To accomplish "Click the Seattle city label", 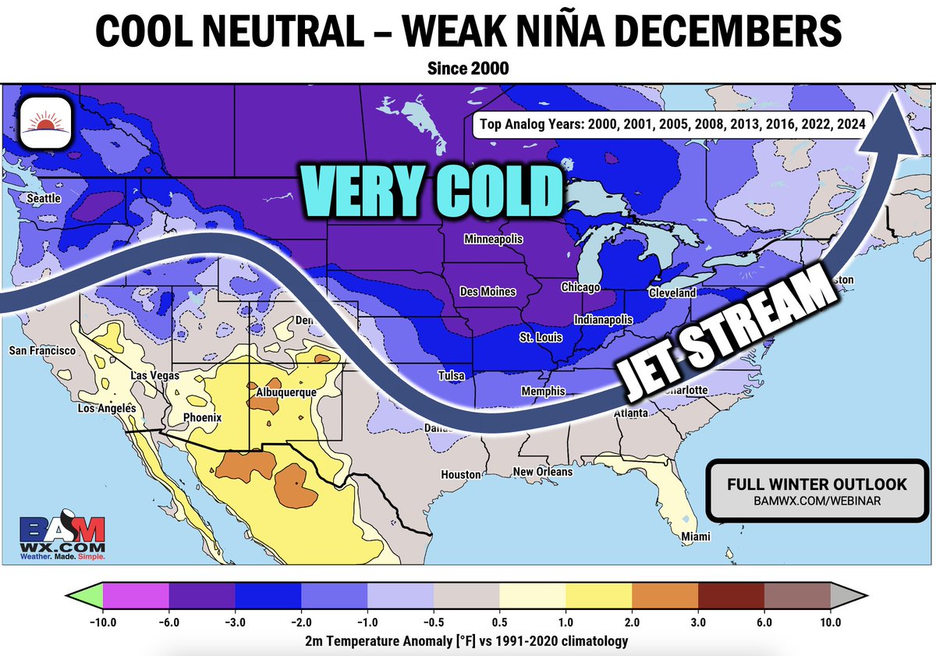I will point(44,199).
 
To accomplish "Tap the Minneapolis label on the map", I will point(493,239).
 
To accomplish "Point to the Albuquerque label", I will point(283,392).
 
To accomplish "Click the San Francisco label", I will point(42,351).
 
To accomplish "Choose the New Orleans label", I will point(542,472).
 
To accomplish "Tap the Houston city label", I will point(460,474).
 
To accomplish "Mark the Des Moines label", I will point(487,292).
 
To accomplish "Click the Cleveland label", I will point(672,293).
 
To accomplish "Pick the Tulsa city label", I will point(451,376).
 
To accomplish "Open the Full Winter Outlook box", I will point(817,491).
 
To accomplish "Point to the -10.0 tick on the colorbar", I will point(103,622).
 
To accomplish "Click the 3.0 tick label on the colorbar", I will point(698,622).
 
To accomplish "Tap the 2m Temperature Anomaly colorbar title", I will point(467,640).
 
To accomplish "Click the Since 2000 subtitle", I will point(468,69).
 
